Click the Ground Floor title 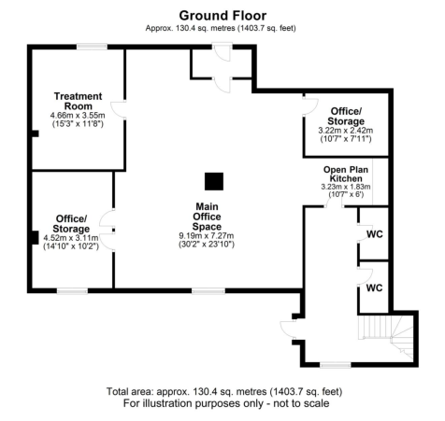click(222, 15)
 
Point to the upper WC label click(373, 233)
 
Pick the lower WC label click(373, 288)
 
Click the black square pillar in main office click(214, 180)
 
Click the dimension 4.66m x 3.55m click(78, 116)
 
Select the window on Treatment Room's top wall click(91, 46)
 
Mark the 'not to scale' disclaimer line click(222, 403)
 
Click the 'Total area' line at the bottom click(222, 391)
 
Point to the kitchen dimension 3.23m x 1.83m click(340, 188)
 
